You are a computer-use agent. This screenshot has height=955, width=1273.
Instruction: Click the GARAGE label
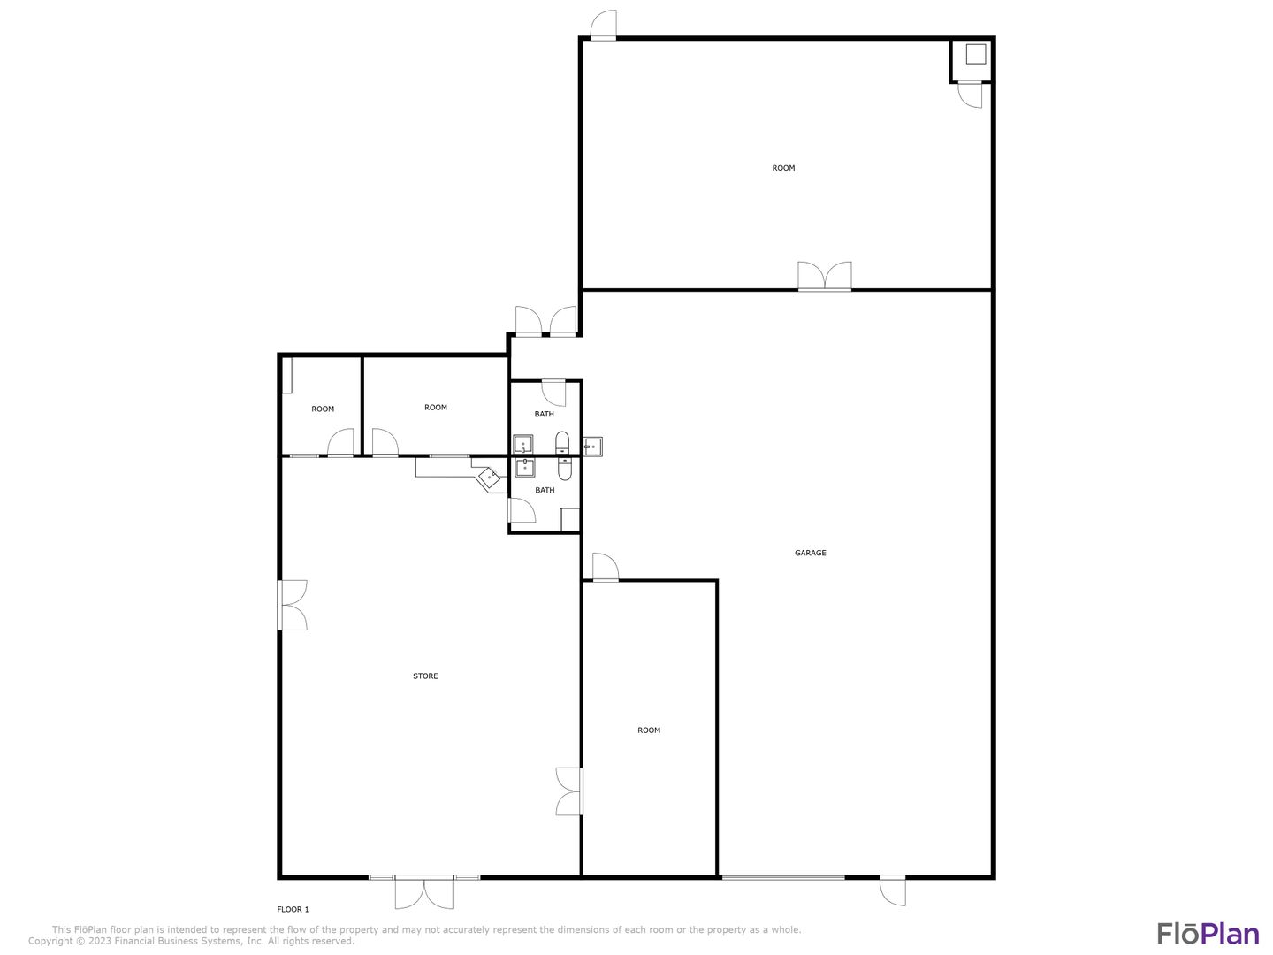point(810,554)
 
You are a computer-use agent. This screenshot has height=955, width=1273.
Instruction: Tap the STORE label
point(425,676)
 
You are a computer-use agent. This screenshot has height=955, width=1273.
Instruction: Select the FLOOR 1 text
point(293,909)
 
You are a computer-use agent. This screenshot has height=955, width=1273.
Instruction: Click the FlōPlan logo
point(1208,934)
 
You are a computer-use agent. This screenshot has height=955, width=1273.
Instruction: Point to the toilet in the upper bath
point(562,442)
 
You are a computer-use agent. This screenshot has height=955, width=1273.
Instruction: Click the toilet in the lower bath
point(564,469)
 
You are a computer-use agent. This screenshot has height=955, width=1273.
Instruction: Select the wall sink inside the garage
point(592,447)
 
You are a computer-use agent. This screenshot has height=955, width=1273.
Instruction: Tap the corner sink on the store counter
point(490,477)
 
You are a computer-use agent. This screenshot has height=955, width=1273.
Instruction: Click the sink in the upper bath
point(523,445)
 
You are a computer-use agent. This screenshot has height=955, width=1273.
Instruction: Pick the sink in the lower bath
point(525,468)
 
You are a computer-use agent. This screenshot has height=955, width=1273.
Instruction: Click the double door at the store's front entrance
point(424,893)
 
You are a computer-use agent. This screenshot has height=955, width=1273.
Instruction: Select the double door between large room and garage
point(824,276)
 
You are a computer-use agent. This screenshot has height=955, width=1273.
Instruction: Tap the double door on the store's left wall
point(293,605)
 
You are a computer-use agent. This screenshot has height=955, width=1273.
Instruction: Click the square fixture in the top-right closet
point(975,54)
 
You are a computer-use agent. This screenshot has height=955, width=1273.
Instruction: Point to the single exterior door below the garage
point(893,891)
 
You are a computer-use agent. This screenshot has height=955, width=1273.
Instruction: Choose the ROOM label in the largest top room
point(783,168)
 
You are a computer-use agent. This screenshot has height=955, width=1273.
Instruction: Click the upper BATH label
point(544,414)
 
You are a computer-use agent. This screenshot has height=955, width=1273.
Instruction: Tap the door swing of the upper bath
point(554,393)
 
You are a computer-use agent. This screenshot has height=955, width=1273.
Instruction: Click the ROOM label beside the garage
point(648,730)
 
